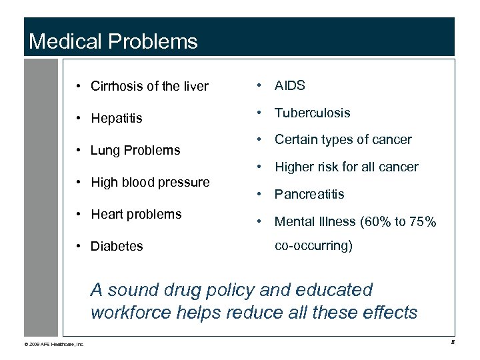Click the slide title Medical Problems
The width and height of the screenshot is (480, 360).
click(113, 42)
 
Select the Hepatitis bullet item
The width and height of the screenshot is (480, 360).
click(117, 119)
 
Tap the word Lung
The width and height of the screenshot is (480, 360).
click(104, 150)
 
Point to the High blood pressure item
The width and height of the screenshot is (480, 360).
click(150, 182)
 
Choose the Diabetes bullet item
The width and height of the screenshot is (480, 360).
click(117, 246)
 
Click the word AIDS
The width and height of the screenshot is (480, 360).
click(290, 85)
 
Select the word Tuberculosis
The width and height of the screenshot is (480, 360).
click(312, 113)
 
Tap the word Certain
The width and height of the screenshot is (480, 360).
click(295, 140)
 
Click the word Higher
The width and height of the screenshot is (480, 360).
click(293, 167)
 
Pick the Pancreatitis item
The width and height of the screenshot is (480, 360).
click(309, 194)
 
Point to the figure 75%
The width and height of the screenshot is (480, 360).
click(422, 221)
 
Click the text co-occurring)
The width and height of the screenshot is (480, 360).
click(313, 245)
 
